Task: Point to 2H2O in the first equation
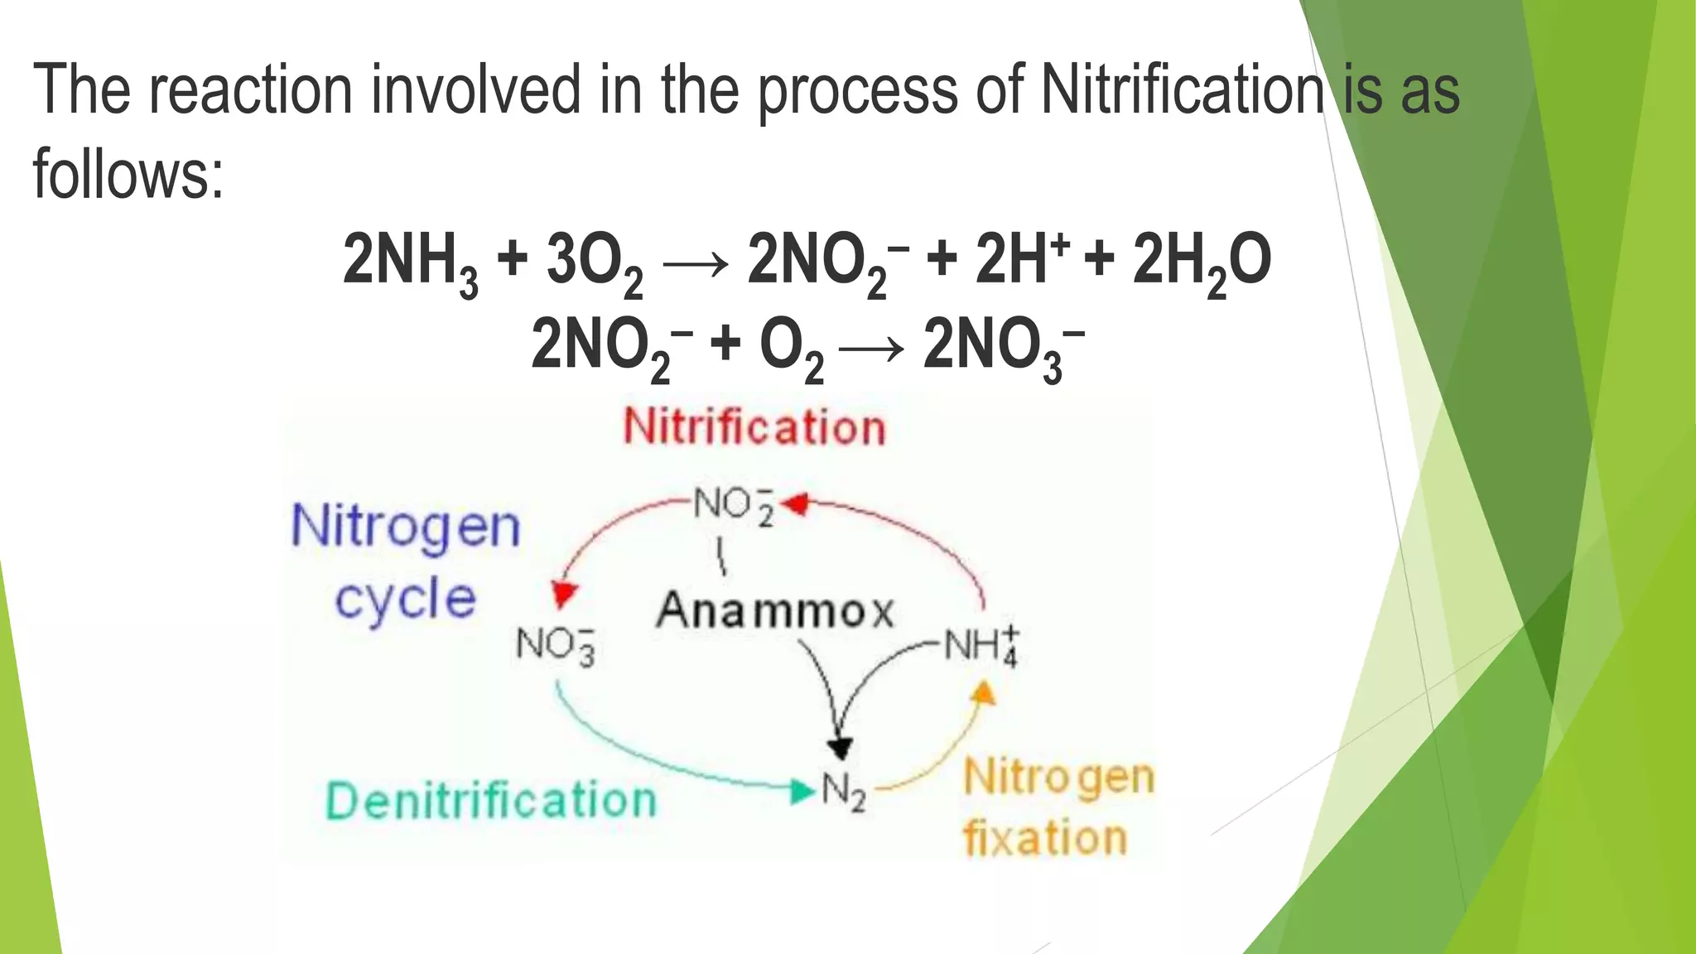click(x=1201, y=262)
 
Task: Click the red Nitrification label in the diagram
click(x=754, y=428)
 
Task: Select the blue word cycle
click(x=406, y=600)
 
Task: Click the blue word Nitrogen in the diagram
click(x=406, y=527)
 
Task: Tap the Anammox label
click(x=775, y=612)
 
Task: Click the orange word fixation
click(x=1045, y=838)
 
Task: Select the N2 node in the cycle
click(x=843, y=793)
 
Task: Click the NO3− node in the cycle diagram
click(x=556, y=644)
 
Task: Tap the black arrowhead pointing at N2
click(x=841, y=748)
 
